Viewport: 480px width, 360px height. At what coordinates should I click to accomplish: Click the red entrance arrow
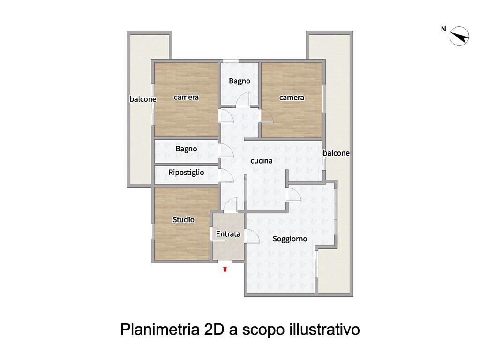pos(225,269)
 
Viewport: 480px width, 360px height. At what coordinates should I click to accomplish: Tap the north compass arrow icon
pos(459,36)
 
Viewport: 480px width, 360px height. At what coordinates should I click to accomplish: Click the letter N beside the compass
pos(443,29)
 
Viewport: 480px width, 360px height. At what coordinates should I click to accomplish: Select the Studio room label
pos(183,219)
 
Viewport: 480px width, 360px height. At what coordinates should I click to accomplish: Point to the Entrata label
pos(228,234)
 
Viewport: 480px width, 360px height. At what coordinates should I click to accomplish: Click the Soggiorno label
pos(290,239)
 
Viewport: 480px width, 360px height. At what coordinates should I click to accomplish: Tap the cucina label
pos(262,161)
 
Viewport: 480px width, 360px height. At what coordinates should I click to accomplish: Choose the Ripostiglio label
pos(186,172)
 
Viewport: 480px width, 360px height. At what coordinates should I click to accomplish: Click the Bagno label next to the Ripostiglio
pos(186,149)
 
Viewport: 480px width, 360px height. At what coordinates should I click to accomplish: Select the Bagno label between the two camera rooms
pos(240,82)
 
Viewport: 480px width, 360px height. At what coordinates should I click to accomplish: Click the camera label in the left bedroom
pos(186,97)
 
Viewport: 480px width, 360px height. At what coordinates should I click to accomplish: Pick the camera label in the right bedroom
pos(292,97)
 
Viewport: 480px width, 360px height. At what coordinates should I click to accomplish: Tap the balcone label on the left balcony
pos(143,99)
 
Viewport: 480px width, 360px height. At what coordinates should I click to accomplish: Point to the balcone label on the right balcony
pos(336,153)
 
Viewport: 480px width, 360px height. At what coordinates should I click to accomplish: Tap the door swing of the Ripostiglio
pos(227,175)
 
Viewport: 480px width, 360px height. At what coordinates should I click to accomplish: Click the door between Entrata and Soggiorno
pos(253,237)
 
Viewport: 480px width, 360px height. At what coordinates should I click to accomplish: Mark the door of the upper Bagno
pos(243,99)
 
